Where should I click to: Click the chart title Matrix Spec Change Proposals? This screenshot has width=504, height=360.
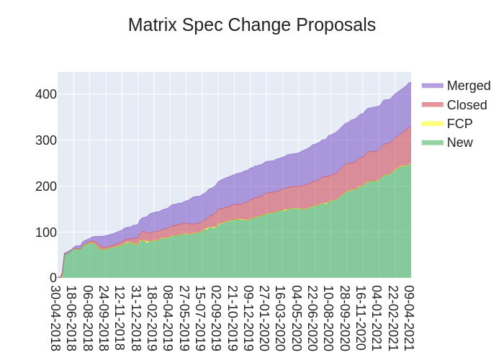coord(252,25)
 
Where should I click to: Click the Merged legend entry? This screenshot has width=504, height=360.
coord(468,86)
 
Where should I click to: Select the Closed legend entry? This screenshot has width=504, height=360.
coord(467,105)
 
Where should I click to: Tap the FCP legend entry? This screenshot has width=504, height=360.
coord(459,124)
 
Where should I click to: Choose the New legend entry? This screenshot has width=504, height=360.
coord(459,143)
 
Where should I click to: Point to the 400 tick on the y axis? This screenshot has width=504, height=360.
coord(46,94)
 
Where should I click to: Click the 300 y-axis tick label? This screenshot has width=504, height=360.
coord(46,140)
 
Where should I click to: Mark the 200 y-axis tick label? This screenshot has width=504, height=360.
coord(46,186)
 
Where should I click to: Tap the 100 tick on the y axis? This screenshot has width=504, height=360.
coord(46,233)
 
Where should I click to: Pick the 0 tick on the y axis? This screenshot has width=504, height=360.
coord(53,278)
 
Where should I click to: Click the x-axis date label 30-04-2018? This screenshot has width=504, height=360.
coord(56,318)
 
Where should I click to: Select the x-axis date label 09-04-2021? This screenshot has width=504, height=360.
coord(410,318)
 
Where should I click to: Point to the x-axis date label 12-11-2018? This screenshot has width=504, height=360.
coord(120,318)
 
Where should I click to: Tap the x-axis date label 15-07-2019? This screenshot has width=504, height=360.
coord(201,318)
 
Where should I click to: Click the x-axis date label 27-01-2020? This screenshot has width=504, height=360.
coord(265,318)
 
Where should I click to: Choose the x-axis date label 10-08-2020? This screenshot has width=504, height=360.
coord(329,318)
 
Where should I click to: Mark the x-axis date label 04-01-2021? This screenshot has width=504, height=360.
coord(377,318)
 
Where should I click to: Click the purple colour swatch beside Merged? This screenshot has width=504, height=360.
coord(433,86)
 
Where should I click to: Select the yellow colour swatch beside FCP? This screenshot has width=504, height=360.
coord(433,124)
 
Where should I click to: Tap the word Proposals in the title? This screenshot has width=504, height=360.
coord(335,25)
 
